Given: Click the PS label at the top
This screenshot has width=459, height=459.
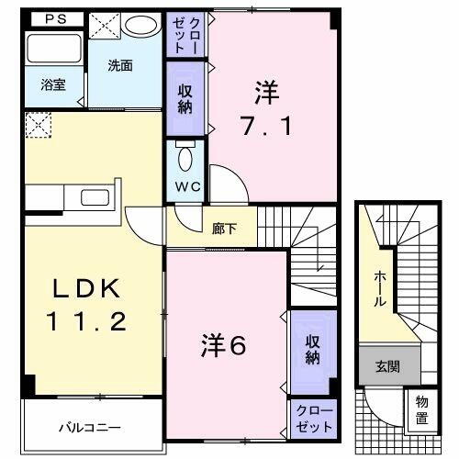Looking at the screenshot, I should pos(52,17).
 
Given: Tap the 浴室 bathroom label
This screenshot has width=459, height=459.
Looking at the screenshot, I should pos(51,84).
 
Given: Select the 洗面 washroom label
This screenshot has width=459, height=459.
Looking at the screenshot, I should pos(120,65).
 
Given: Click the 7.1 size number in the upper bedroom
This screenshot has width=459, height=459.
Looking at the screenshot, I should pos(267,126).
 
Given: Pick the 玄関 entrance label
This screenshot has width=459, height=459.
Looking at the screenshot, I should pos(386,365).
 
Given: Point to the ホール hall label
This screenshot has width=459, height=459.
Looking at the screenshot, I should pos(379,288).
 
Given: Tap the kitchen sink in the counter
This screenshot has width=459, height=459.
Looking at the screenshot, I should pos(95,196).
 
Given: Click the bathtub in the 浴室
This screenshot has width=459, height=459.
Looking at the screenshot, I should pos(50,51).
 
